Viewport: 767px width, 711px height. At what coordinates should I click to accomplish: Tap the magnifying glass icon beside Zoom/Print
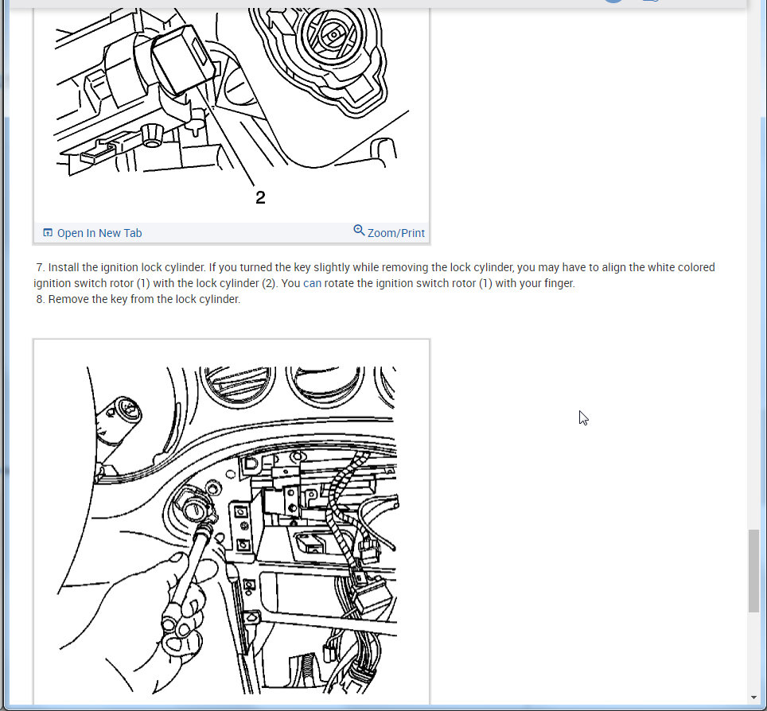click(359, 231)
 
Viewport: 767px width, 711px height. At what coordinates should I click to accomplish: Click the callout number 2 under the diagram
click(260, 197)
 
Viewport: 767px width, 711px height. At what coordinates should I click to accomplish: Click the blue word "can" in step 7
click(312, 283)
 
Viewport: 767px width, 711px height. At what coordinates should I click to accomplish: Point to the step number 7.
click(40, 267)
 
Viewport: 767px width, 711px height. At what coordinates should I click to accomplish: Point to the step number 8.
click(40, 299)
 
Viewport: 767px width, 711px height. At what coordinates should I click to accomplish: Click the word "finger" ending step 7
click(558, 283)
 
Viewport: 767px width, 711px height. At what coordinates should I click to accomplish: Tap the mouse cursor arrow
click(583, 418)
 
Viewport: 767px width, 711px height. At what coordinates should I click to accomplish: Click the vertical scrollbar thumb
click(753, 571)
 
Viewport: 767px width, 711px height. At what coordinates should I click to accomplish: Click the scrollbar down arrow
click(753, 697)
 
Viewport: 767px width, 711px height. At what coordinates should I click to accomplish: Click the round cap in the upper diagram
click(334, 35)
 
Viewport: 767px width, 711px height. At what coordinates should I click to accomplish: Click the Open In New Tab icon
click(48, 233)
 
